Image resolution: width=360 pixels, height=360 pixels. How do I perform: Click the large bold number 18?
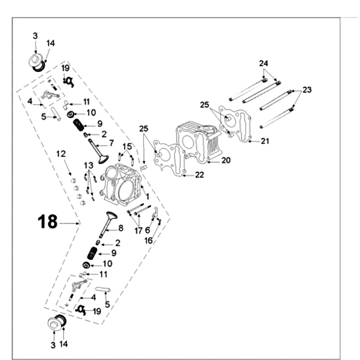[x=47, y=221]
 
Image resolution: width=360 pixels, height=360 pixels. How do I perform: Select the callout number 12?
[x=61, y=154]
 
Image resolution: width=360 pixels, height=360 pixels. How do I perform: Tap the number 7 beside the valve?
[x=112, y=144]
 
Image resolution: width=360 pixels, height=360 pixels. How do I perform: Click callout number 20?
[x=225, y=161]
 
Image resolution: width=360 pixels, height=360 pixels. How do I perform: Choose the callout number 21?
[x=265, y=141]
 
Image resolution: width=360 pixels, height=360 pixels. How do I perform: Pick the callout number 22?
[x=199, y=175]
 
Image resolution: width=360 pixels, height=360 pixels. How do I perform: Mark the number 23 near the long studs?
[x=307, y=90]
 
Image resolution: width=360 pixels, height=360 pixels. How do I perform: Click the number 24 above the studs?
[x=263, y=63]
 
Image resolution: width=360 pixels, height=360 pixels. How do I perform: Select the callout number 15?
[x=127, y=146]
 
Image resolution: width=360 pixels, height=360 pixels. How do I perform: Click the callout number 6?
[x=148, y=230]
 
